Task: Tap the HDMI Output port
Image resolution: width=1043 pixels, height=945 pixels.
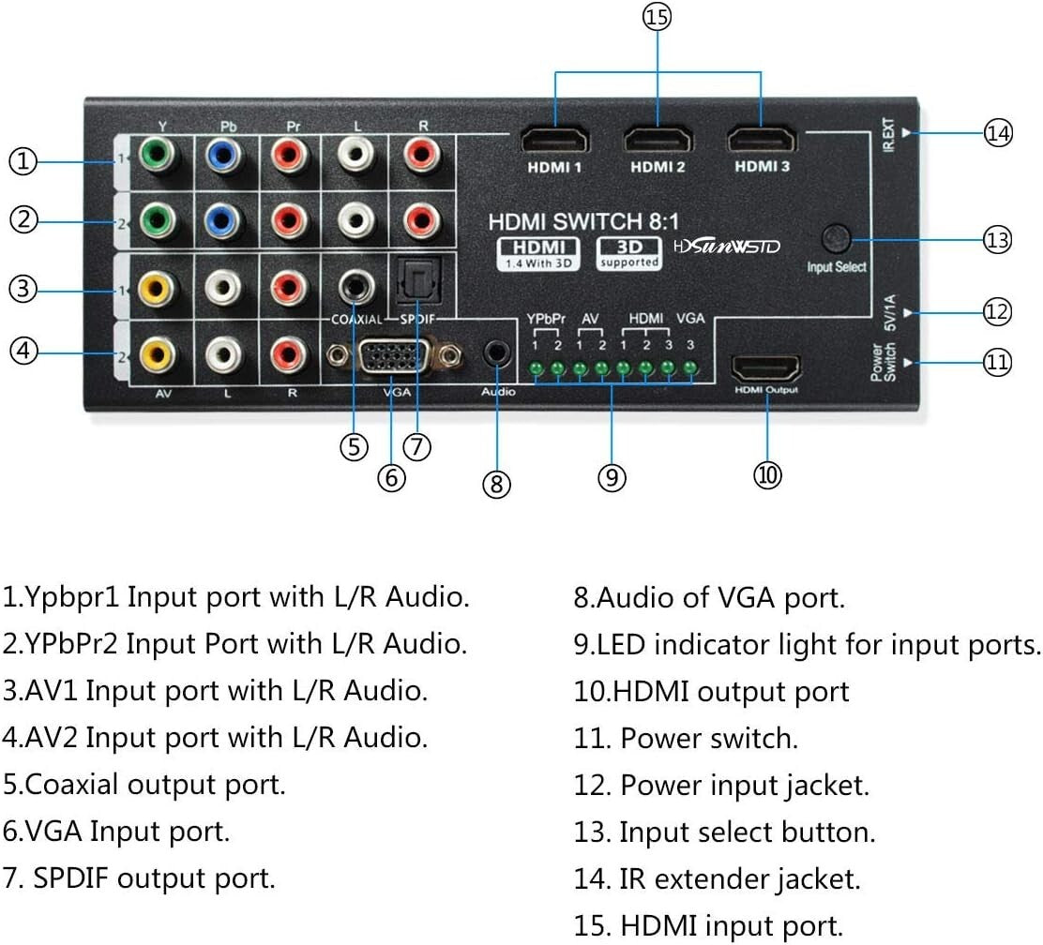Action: pos(766,367)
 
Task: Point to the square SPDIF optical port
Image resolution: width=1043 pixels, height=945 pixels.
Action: pos(414,282)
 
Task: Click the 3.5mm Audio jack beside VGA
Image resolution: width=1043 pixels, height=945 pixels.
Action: pos(496,354)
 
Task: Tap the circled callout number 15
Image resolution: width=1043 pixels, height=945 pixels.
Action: pos(658,17)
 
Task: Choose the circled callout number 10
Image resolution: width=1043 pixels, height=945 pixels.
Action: pos(767,475)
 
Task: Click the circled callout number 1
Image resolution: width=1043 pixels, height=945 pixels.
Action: pos(23,161)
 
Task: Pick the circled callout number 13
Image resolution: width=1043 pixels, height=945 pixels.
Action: pos(998,239)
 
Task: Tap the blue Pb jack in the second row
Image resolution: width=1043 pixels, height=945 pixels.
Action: pos(221,221)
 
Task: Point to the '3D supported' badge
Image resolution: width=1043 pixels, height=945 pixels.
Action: pos(629,252)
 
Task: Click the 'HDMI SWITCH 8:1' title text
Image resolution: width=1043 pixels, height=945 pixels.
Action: pos(577,221)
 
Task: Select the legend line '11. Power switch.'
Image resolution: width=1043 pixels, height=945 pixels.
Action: pos(686,738)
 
